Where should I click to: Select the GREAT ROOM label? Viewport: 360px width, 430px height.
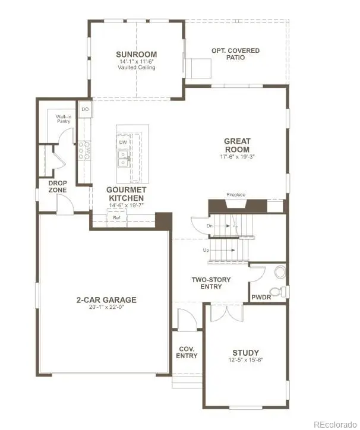pyautogui.click(x=236, y=145)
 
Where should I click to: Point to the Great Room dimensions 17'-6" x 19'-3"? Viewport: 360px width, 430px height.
pyautogui.click(x=236, y=157)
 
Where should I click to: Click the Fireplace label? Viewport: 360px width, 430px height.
pyautogui.click(x=236, y=195)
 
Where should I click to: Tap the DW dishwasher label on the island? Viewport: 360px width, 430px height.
pyautogui.click(x=123, y=143)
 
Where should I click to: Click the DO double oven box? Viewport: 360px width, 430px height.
pyautogui.click(x=85, y=109)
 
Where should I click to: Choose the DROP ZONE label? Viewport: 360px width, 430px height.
pyautogui.click(x=57, y=186)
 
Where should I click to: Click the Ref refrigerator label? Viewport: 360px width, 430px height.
pyautogui.click(x=117, y=218)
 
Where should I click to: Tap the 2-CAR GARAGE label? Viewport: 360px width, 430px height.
pyautogui.click(x=106, y=300)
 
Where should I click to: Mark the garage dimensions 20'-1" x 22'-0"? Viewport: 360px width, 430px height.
pyautogui.click(x=106, y=309)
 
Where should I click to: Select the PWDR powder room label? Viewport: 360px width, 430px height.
pyautogui.click(x=261, y=296)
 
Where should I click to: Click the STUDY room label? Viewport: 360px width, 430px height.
pyautogui.click(x=245, y=353)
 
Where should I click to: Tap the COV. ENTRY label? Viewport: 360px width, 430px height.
pyautogui.click(x=187, y=352)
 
